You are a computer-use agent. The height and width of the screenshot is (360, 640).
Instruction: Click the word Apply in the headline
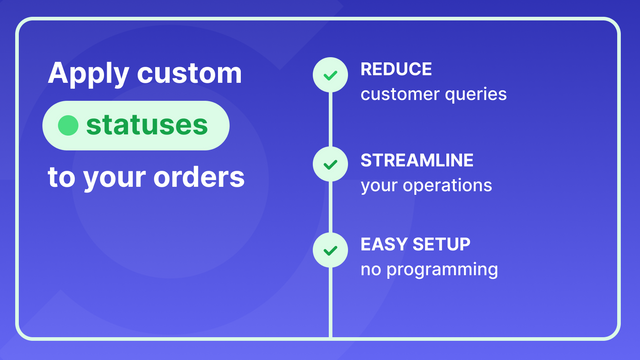click(84, 74)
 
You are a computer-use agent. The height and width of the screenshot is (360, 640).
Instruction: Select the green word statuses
click(147, 126)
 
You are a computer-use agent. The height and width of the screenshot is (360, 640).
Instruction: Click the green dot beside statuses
click(68, 126)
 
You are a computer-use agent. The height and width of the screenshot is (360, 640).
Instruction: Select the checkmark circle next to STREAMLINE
click(329, 162)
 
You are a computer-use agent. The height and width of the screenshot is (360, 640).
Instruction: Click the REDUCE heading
click(396, 70)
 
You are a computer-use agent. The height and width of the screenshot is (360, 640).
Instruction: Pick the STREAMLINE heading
click(417, 160)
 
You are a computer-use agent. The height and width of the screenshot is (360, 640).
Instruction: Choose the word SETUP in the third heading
click(441, 244)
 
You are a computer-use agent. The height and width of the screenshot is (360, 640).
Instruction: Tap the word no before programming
click(370, 270)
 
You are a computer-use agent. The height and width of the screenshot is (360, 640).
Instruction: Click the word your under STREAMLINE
click(380, 185)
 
